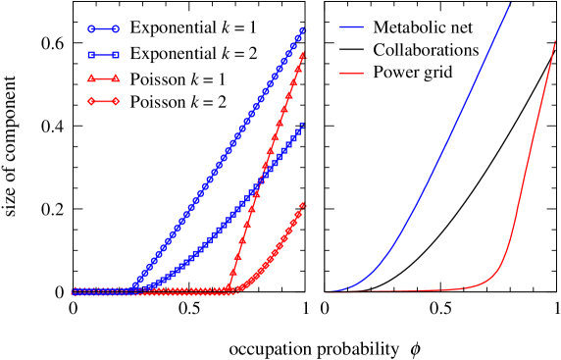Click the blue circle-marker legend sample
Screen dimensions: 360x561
pyautogui.click(x=103, y=29)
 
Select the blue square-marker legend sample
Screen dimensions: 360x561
pyautogui.click(x=103, y=55)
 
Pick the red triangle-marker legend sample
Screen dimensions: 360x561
pyautogui.click(x=103, y=78)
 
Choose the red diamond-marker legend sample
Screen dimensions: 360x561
pyautogui.click(x=103, y=101)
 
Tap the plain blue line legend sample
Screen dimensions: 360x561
pyautogui.click(x=352, y=27)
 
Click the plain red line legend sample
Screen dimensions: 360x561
pyautogui.click(x=352, y=74)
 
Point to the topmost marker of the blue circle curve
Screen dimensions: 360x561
pyautogui.click(x=302, y=30)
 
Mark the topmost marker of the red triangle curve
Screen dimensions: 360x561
pyautogui.click(x=302, y=55)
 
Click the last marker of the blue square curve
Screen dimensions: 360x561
pyautogui.click(x=301, y=126)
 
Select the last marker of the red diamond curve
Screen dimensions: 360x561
pyautogui.click(x=302, y=204)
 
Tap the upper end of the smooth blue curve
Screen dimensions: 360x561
pyautogui.click(x=510, y=5)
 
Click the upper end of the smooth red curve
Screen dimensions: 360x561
pyautogui.click(x=555, y=41)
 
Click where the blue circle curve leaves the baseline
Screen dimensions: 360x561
pyautogui.click(x=133, y=286)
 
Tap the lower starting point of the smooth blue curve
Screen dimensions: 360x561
pyautogui.click(x=329, y=291)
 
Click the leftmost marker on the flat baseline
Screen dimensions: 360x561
pyautogui.click(x=75, y=291)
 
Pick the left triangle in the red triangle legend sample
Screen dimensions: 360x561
pyautogui.click(x=91, y=78)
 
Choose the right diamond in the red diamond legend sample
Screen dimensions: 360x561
pyautogui.click(x=116, y=101)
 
